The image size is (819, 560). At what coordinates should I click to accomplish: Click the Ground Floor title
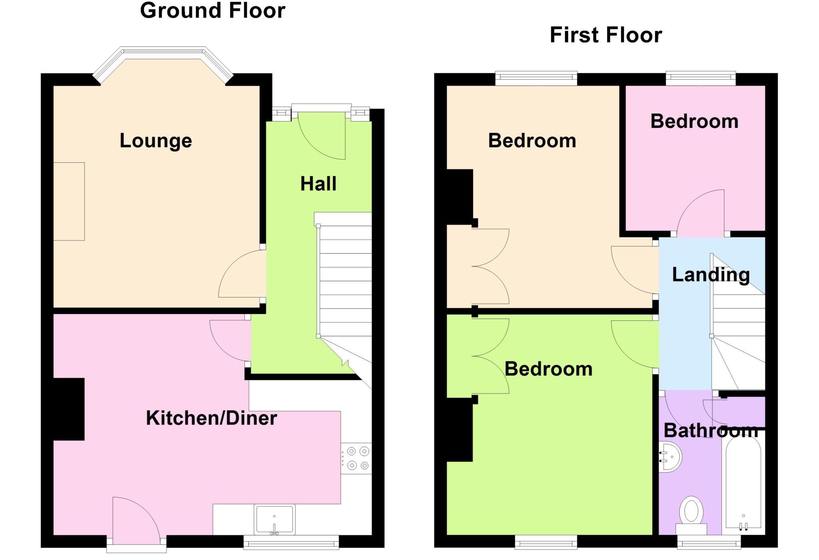[212, 11]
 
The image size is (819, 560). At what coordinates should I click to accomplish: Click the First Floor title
[605, 35]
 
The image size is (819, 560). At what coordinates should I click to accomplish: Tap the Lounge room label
[156, 141]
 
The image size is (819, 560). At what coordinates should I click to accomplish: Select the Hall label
[318, 184]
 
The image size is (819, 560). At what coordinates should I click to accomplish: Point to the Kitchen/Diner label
[211, 418]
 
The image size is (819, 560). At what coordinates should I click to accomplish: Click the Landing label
[711, 275]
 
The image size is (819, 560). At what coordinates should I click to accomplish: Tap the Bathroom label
[711, 431]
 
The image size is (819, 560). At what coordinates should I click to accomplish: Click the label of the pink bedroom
[694, 121]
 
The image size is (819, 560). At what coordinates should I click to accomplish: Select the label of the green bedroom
[548, 369]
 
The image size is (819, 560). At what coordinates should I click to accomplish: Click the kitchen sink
[275, 519]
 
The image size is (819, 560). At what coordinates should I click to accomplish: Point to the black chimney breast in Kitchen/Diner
[69, 409]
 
